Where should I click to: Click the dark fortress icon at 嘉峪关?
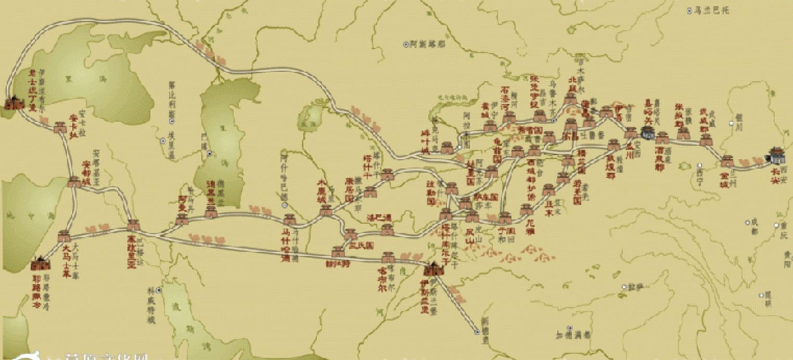[648, 133]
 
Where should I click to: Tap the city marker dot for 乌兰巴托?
[690, 10]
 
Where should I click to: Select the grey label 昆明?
[768, 299]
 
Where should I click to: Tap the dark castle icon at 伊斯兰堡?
[431, 268]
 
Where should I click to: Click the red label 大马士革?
[66, 259]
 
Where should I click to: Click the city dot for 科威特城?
[158, 290]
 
